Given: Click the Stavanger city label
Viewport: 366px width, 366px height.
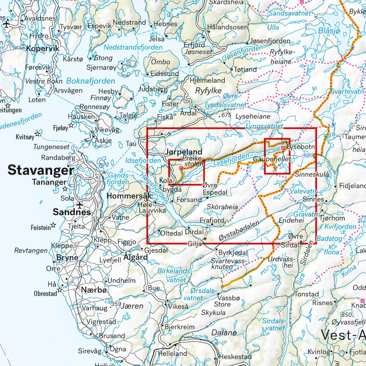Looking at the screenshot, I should (41, 170).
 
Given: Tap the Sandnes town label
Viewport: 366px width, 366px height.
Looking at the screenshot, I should (72, 212).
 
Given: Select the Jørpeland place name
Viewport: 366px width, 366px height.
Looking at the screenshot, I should (184, 152).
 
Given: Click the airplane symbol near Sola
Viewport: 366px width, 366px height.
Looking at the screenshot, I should (80, 204).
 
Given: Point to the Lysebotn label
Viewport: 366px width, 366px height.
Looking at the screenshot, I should (301, 147).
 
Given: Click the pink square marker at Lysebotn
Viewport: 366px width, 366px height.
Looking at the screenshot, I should (283, 148).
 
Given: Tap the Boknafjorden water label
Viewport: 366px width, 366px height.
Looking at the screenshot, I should (91, 81).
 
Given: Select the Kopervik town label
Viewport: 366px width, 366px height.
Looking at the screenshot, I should (43, 49).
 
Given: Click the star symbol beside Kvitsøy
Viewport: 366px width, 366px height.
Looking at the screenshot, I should (38, 134).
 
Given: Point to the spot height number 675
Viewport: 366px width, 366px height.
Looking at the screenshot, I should (226, 115).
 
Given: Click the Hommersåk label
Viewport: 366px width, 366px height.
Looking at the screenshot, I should (129, 196).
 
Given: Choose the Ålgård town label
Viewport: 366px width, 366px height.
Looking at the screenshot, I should (135, 257).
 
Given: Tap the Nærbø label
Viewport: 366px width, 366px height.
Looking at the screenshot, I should (94, 290).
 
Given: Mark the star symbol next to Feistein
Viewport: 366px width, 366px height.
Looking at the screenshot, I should (53, 225).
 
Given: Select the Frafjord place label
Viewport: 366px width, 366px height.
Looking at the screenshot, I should (212, 220).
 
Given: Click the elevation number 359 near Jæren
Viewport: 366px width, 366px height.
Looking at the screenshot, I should (116, 304).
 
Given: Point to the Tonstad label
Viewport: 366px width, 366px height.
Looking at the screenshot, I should (307, 294).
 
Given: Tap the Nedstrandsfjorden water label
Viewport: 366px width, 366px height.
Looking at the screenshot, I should (133, 47).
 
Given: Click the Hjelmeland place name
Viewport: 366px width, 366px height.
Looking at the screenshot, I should (207, 81).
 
